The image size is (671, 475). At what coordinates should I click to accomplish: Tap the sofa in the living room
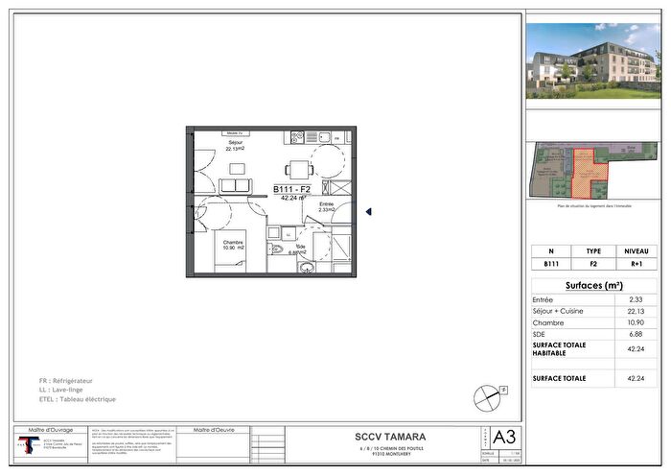(235, 184)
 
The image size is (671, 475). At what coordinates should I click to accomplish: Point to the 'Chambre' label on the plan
(234, 243)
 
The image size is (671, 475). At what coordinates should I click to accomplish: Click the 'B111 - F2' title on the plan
(291, 189)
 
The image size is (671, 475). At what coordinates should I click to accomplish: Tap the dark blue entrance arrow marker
(369, 212)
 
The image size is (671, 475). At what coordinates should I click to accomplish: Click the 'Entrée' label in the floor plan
(326, 204)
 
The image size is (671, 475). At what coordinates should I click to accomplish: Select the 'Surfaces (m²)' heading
(594, 286)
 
